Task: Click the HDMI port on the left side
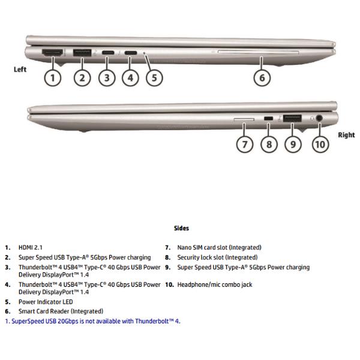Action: coord(52,53)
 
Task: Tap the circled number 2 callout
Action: coord(82,78)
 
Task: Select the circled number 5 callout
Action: coord(154,78)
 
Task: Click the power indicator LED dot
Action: coord(144,53)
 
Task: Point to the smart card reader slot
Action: coord(258,53)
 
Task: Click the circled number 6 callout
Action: coord(262,78)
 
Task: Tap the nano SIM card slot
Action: coord(244,119)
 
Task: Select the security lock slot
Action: coord(268,118)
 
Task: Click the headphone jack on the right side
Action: coord(319,118)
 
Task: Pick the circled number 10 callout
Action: coord(320,145)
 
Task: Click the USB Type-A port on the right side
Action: coord(292,118)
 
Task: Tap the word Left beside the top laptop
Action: coord(20,70)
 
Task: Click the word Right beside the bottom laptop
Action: coord(346,135)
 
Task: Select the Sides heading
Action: coord(181,228)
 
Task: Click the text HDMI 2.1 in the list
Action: coord(31,247)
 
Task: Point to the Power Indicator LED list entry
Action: coord(46,302)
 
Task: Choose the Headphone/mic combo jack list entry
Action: coord(215,284)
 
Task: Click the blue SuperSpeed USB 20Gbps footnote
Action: coord(93,321)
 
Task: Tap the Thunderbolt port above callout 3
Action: coord(108,53)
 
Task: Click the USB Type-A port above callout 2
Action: coord(82,53)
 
